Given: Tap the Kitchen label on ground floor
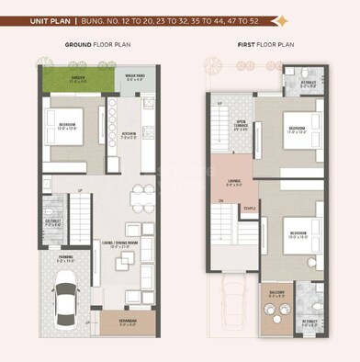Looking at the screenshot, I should [129, 135].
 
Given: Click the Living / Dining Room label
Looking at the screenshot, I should [126, 244].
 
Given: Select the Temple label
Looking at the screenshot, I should [250, 208].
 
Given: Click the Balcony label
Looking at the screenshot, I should [277, 293].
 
